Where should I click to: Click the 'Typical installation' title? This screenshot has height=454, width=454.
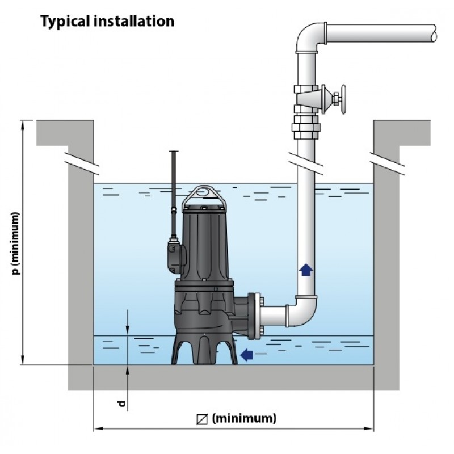click(106, 22)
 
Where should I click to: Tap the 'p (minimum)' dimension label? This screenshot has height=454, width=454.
click(16, 244)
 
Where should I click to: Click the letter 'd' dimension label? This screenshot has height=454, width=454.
click(121, 404)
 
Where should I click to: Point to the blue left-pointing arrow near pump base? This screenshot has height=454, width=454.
click(246, 355)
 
